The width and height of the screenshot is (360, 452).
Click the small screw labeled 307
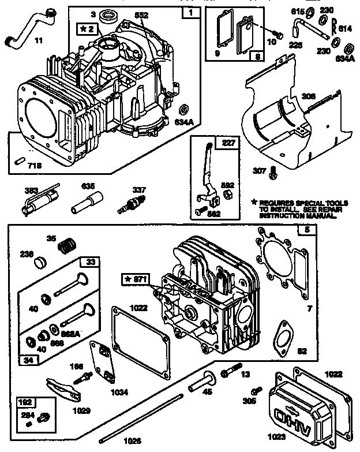[x=272, y=170]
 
